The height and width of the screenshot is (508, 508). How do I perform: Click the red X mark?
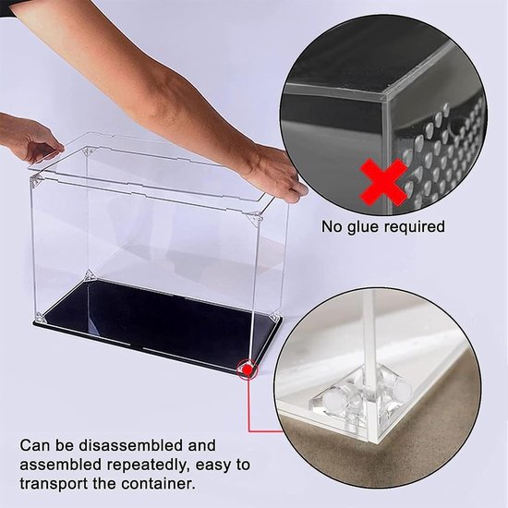(383, 182)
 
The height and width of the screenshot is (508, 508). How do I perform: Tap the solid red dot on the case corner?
(248, 369)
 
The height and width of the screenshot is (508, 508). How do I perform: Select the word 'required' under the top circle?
(415, 227)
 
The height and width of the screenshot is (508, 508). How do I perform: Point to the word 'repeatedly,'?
(149, 466)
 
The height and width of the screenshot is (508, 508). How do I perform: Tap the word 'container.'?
(159, 484)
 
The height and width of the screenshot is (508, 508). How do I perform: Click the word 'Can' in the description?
(35, 445)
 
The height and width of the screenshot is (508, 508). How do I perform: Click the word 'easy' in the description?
(215, 466)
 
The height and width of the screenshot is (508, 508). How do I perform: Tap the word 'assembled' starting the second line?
(61, 466)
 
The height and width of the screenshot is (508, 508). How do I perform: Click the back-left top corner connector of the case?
(89, 151)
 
